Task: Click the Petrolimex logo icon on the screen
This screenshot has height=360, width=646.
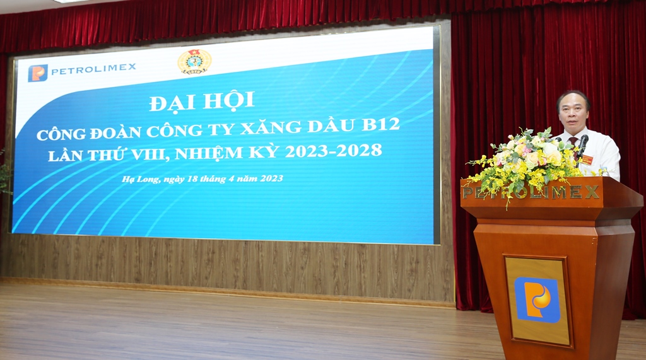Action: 38,73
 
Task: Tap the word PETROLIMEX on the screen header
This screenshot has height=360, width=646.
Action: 93,69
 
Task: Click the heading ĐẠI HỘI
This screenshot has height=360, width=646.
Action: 201,102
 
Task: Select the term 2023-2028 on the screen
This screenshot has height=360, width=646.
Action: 333,151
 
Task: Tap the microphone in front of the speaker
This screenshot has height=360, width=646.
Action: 582,146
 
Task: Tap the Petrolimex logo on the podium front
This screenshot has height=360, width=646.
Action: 537,299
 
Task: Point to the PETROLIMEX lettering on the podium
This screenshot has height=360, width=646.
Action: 531,192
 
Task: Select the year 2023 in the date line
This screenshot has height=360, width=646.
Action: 271,178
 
